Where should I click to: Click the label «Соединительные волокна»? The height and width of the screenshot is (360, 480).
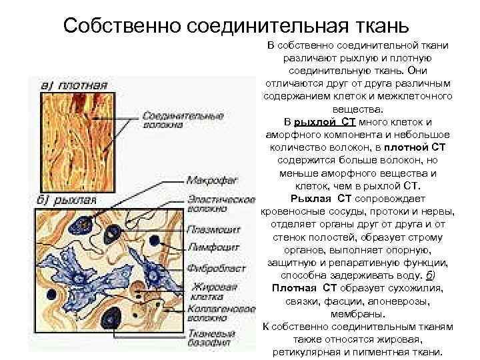click(x=173, y=119)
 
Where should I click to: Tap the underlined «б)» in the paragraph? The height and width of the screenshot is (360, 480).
click(x=431, y=276)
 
